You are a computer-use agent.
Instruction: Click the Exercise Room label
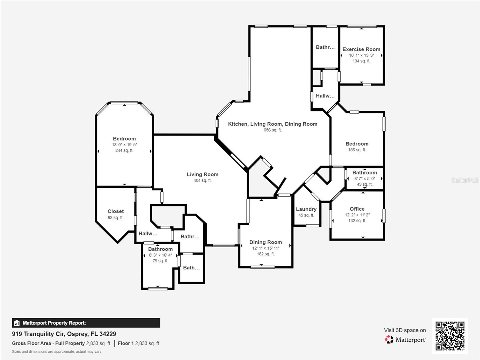click(x=361, y=49)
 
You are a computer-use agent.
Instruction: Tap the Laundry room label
click(x=306, y=209)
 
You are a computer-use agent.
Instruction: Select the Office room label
click(x=357, y=209)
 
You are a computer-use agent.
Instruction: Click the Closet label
click(x=115, y=211)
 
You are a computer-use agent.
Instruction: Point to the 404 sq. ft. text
click(x=202, y=180)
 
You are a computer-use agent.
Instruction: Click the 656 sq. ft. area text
click(x=272, y=130)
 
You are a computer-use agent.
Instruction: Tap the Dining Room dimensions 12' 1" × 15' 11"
click(x=265, y=248)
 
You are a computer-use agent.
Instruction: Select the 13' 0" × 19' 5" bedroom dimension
click(x=124, y=145)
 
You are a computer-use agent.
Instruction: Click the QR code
click(x=450, y=336)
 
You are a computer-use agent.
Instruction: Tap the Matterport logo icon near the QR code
click(x=389, y=340)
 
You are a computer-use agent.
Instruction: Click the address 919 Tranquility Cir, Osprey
click(x=64, y=334)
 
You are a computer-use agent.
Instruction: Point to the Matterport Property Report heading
click(x=54, y=323)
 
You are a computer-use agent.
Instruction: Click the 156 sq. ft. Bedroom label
click(x=357, y=144)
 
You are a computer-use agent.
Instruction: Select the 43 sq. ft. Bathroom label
click(x=364, y=172)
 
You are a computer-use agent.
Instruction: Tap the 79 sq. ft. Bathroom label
click(x=160, y=249)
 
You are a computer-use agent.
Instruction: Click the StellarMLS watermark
click(x=465, y=180)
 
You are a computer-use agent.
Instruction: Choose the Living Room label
click(x=202, y=174)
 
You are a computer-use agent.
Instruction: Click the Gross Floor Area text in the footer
click(x=48, y=343)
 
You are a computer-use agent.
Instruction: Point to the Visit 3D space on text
click(x=405, y=330)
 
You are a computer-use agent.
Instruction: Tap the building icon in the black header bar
click(x=17, y=323)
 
